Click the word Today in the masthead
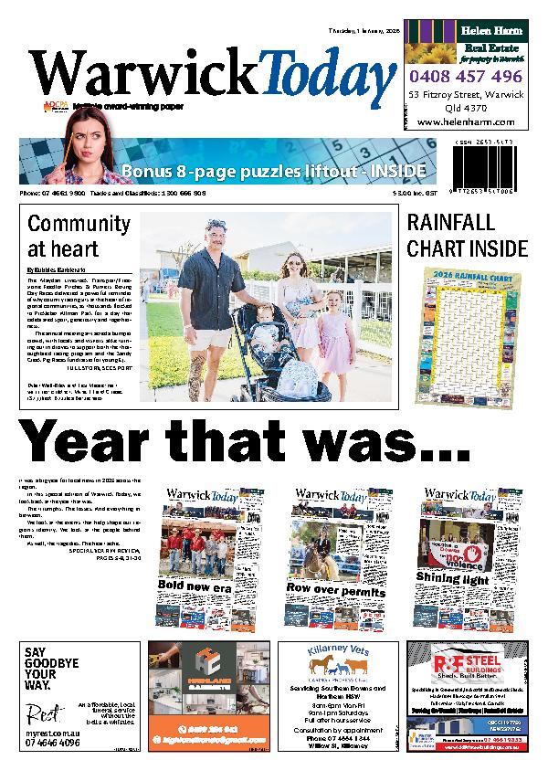(320, 75)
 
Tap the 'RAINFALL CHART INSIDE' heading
(467, 235)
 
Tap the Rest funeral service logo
(42, 712)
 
